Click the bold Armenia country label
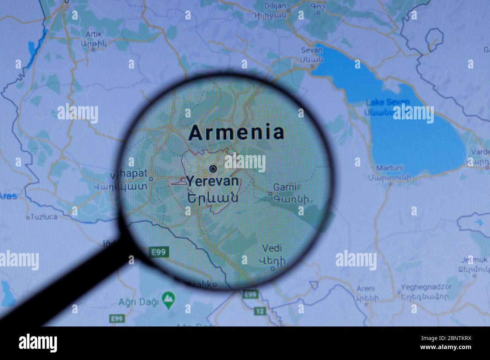pyautogui.click(x=236, y=133)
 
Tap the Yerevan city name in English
pyautogui.click(x=213, y=182)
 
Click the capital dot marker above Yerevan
pyautogui.click(x=213, y=168)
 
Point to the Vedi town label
pyautogui.click(x=272, y=249)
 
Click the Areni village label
pyautogui.click(x=366, y=289)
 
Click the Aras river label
pyautogui.click(x=8, y=196)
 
